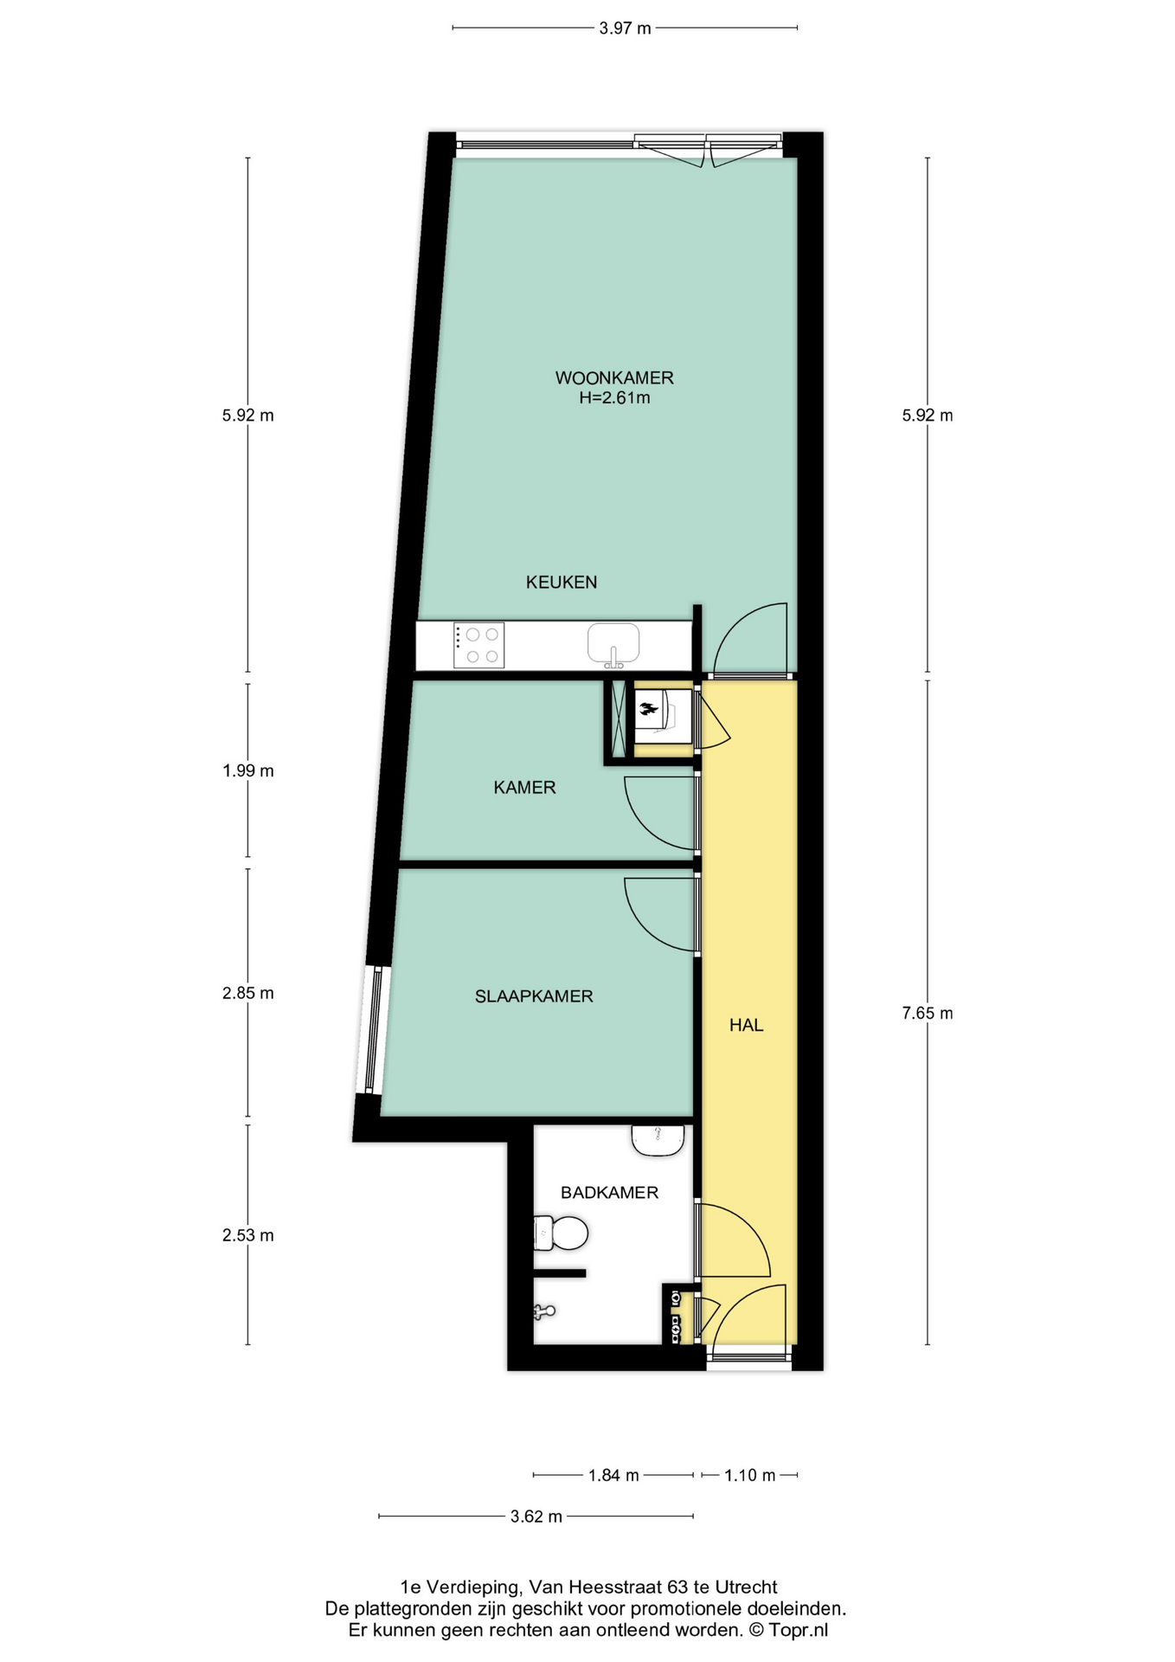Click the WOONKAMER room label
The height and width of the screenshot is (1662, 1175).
(x=613, y=377)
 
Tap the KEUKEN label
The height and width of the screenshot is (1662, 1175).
(x=562, y=582)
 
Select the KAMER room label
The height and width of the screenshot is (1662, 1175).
(x=524, y=787)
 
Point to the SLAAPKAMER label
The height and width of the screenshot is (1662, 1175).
(x=534, y=996)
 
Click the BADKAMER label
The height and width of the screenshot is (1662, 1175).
(x=609, y=1192)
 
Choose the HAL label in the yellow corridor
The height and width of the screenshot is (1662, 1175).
(x=746, y=1025)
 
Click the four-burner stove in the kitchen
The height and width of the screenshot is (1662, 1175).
(x=479, y=646)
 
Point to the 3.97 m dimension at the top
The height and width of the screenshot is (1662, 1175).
(x=625, y=29)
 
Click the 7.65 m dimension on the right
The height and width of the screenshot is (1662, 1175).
(x=928, y=1013)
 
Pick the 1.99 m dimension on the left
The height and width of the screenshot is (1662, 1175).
(x=247, y=770)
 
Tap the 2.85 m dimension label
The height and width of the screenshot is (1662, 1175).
(x=247, y=993)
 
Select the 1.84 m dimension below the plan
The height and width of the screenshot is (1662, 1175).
(x=613, y=1475)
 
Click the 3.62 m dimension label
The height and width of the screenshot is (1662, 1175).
(x=536, y=1517)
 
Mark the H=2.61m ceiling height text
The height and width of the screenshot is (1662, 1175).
(x=614, y=398)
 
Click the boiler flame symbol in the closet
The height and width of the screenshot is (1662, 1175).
(x=648, y=712)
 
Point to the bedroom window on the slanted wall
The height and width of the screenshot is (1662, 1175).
(x=372, y=1030)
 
